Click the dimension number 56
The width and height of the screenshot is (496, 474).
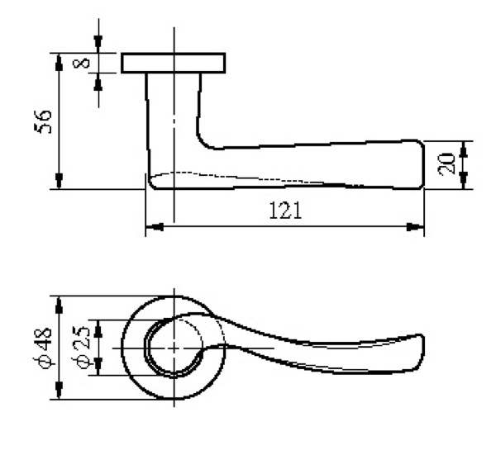[x=47, y=121]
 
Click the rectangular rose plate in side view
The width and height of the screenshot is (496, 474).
[x=174, y=63]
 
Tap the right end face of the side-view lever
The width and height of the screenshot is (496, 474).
[x=423, y=164]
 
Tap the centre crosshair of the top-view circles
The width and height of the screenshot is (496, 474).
[x=174, y=348]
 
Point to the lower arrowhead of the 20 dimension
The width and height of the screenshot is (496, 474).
[x=465, y=182]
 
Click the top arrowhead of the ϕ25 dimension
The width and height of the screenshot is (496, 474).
[x=99, y=327]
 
